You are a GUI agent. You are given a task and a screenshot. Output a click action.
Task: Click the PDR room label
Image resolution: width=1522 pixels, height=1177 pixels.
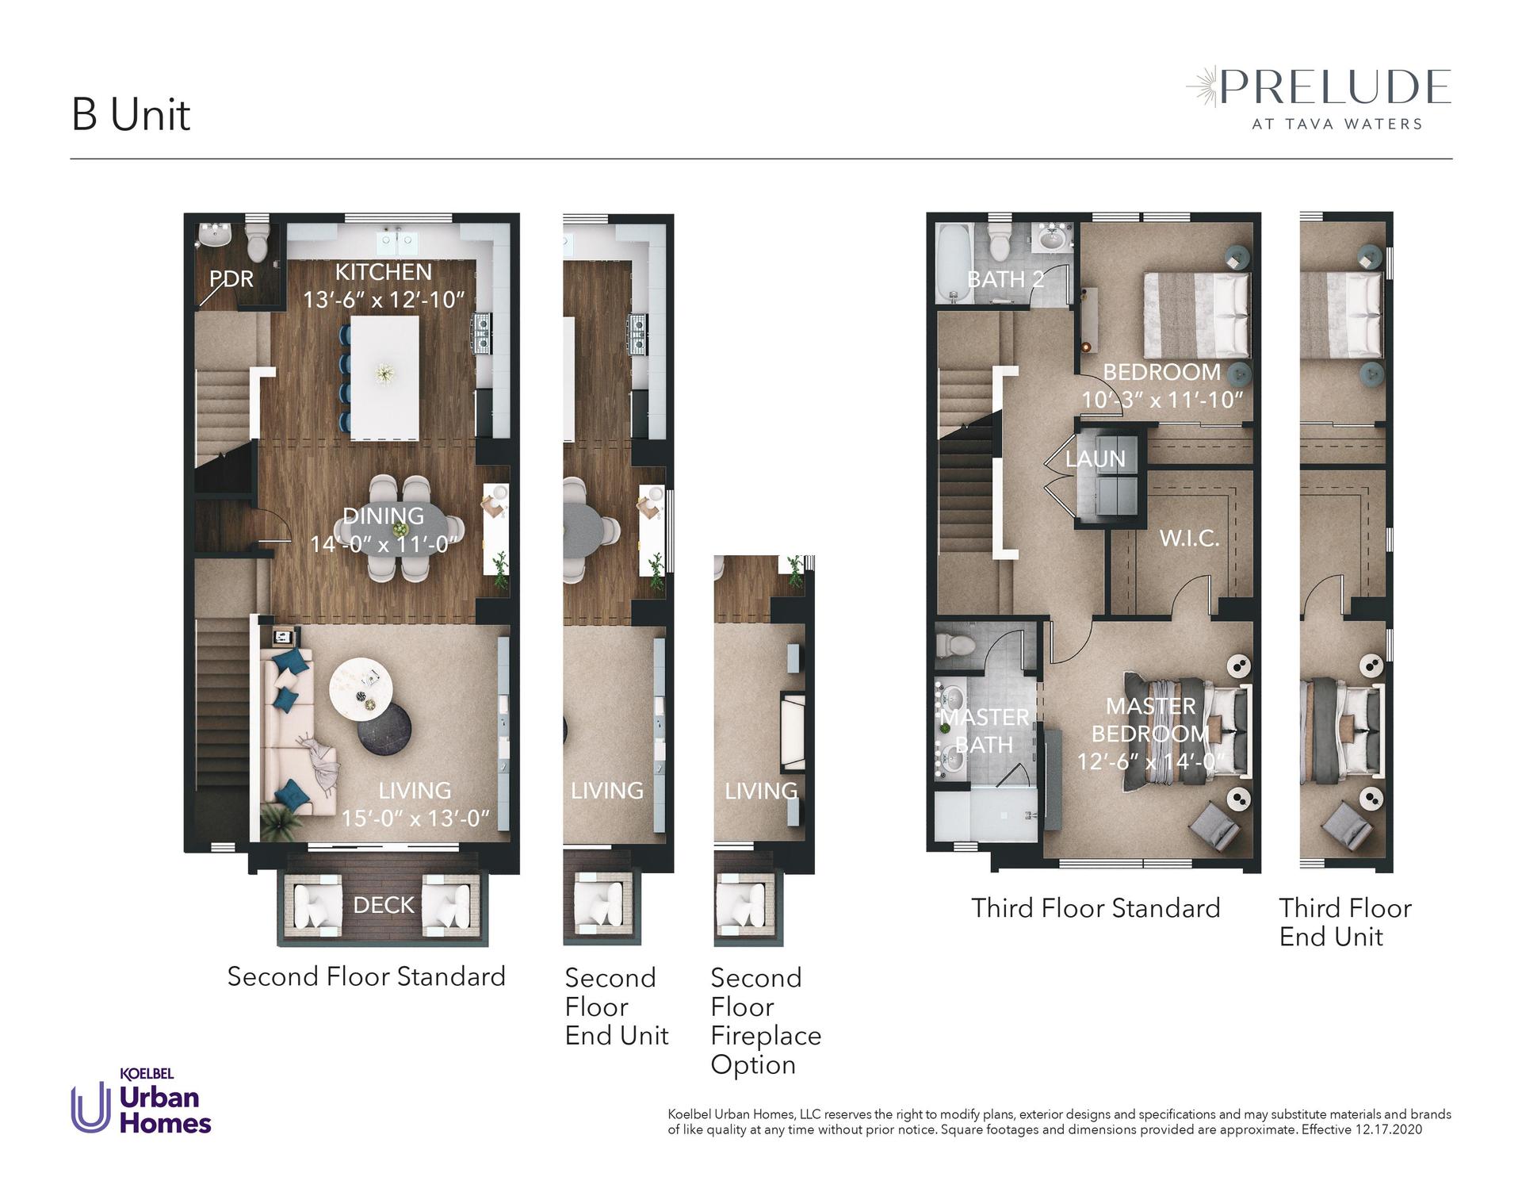point(231,278)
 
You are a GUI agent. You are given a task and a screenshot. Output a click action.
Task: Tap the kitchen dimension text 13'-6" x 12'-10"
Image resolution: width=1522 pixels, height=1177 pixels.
point(384,300)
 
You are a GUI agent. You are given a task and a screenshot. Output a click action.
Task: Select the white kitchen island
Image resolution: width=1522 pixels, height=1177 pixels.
point(385,378)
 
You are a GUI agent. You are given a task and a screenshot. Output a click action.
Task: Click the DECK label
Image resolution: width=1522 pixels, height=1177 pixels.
point(384,905)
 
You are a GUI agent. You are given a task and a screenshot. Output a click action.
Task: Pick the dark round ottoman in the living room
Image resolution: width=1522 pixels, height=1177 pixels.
point(384,729)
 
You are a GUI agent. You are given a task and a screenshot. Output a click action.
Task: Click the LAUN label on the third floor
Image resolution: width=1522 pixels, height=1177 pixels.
point(1095,458)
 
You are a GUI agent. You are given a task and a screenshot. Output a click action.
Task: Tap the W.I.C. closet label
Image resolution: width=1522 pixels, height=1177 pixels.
point(1189,539)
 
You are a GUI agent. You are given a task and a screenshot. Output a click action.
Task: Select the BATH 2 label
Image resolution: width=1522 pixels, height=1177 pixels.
point(1005,279)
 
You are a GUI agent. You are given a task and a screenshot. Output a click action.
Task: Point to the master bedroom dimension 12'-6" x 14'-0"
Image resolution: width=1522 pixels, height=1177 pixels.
point(1151,761)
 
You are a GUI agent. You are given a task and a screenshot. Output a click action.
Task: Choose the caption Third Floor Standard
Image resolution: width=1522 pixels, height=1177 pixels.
point(1096,908)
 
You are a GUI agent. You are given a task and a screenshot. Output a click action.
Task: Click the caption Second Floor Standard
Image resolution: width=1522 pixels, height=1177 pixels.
point(366,976)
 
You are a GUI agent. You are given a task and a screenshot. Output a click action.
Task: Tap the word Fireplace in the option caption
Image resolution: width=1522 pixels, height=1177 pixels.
point(766,1036)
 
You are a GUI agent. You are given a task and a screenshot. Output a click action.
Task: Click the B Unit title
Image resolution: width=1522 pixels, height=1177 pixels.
point(131,115)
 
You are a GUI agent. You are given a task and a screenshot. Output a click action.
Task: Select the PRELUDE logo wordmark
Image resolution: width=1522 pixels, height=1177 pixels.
point(1335,87)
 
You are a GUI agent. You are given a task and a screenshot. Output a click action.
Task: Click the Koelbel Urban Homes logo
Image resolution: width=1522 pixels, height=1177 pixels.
point(141,1101)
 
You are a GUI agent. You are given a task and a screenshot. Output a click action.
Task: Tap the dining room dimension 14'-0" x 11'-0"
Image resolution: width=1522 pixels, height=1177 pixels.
point(384,544)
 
